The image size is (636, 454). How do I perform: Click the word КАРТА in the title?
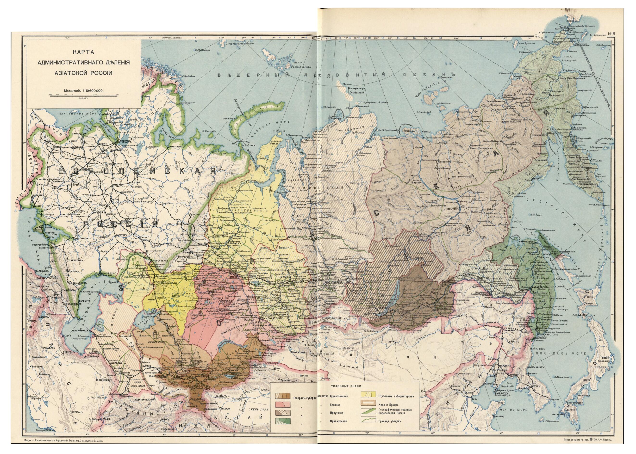point(83,53)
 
